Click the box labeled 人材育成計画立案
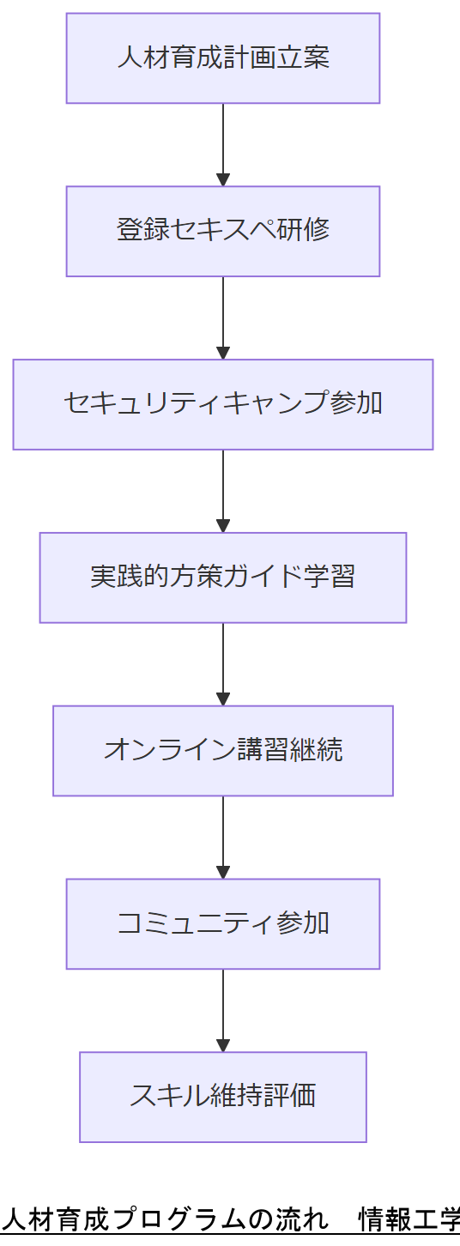(223, 58)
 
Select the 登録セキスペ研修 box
(223, 232)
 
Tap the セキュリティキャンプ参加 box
(223, 404)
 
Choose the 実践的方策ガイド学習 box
(223, 578)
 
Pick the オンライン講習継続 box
(223, 751)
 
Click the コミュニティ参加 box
(223, 924)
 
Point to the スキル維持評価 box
(223, 1097)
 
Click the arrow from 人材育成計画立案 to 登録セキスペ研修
(223, 144)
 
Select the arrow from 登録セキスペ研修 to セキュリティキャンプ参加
(223, 318)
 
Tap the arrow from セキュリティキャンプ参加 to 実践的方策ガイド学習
(223, 491)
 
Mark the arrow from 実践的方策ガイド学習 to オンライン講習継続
(223, 664)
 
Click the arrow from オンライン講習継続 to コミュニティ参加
(223, 838)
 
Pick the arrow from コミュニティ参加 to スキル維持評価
(223, 1011)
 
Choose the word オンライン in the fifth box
(157, 750)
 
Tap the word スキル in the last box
(170, 1096)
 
